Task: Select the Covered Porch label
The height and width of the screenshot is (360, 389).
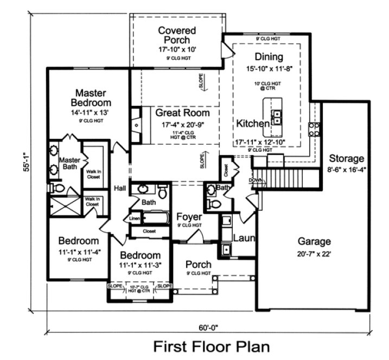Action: [x=174, y=35]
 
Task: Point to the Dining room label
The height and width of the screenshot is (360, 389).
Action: [x=269, y=57]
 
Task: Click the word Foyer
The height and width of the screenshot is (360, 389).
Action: [x=189, y=217]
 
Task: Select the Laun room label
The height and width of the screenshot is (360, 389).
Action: [x=244, y=237]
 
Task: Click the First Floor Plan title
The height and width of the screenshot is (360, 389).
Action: [x=211, y=345]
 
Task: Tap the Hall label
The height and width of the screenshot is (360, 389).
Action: [x=120, y=188]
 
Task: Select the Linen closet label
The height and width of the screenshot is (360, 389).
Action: [x=134, y=218]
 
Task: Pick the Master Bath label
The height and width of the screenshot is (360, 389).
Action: [x=69, y=164]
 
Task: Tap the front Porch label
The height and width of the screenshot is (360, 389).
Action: [x=199, y=264]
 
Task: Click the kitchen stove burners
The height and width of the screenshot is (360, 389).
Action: [x=313, y=128]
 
